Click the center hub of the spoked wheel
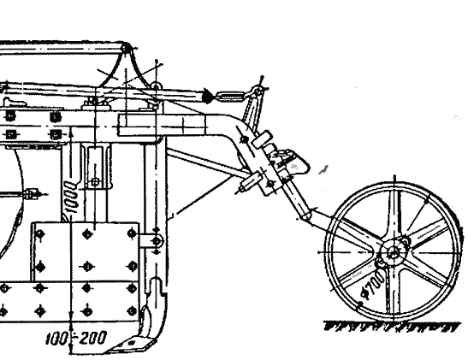(x=394, y=253)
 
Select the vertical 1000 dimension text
(x=70, y=197)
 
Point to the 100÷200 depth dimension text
(x=76, y=338)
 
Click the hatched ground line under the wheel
(x=392, y=327)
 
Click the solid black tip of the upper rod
(x=208, y=96)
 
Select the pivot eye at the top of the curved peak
(x=126, y=48)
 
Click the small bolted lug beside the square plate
(x=151, y=241)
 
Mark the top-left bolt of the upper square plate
(x=39, y=234)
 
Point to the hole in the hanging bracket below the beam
(x=95, y=181)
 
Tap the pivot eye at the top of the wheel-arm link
(x=258, y=89)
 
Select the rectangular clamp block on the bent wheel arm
(x=262, y=138)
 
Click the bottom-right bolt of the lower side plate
(x=132, y=311)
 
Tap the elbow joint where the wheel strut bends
(x=305, y=215)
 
